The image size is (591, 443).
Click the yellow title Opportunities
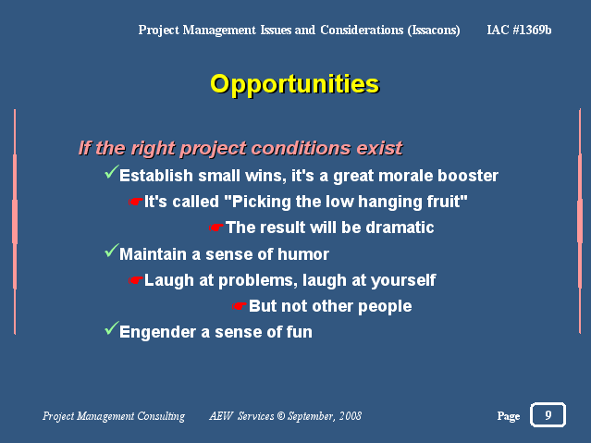[294, 84]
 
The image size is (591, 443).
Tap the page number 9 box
[548, 414]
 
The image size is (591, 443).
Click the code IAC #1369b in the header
[519, 30]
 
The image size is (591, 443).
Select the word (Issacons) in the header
[434, 31]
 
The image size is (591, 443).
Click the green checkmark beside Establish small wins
[112, 172]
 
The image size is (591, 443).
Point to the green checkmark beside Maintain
[112, 251]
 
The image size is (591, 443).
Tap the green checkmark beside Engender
[112, 328]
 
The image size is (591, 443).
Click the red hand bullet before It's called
[135, 203]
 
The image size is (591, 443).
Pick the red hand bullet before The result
[216, 228]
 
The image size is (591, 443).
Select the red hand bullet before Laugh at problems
[135, 280]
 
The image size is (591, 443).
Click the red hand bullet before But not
[240, 306]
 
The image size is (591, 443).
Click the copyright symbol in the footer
[281, 416]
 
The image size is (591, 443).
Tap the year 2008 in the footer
[351, 416]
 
